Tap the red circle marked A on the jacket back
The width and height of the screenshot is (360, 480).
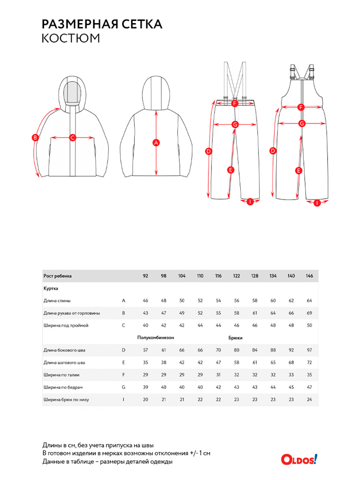(x=156, y=142)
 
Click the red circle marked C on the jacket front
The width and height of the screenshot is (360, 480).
(x=72, y=138)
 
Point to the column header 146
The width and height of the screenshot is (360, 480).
(x=309, y=276)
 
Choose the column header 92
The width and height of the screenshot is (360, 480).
(x=146, y=276)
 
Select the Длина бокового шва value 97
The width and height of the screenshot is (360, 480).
(x=309, y=350)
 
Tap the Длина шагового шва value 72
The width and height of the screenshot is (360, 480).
(x=309, y=362)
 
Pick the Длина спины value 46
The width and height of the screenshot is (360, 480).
(x=146, y=300)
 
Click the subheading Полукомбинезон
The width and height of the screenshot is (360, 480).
(x=156, y=338)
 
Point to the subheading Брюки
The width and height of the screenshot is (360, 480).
(x=236, y=338)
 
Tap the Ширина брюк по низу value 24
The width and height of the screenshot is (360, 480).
(x=309, y=400)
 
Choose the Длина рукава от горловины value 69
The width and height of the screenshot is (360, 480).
(x=309, y=313)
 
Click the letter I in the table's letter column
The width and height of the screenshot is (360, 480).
(x=124, y=400)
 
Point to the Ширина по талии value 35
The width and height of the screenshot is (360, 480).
(x=309, y=375)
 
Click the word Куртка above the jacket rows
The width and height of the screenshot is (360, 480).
(x=51, y=288)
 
